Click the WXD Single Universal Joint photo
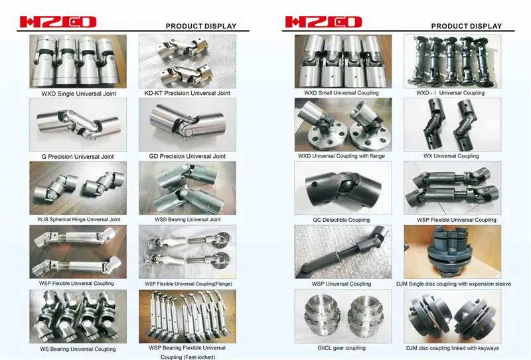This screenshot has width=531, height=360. (x=73, y=61)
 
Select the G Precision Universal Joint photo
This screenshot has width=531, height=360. (x=73, y=125)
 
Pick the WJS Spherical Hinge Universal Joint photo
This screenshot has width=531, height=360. (x=73, y=188)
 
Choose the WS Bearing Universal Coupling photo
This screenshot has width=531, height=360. (x=73, y=315)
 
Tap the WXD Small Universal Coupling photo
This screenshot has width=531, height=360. (x=337, y=61)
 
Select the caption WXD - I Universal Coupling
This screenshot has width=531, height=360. (x=450, y=93)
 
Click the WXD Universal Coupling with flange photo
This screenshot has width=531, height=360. (x=337, y=126)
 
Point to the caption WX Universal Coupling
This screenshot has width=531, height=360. (x=451, y=156)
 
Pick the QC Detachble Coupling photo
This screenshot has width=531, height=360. (x=337, y=188)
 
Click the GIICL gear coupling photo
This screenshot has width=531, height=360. (x=337, y=315)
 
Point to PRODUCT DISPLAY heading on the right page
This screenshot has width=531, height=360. (x=466, y=26)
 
